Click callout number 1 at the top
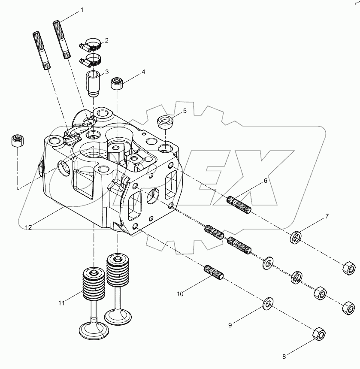coord(82,9)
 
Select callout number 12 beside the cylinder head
coord(28,228)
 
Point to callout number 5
coord(185,111)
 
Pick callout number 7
coord(327,216)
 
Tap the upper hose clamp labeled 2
coord(92,44)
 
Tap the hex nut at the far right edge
coord(348,269)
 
